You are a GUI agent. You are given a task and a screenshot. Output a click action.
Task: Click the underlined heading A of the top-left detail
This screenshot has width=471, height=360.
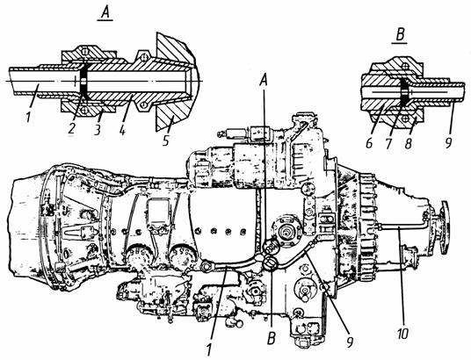[x=105, y=13]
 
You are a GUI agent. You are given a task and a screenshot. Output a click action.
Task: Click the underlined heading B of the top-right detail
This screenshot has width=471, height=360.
[x=400, y=35]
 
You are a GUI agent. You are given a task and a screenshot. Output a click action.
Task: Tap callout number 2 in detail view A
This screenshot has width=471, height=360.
[x=72, y=127]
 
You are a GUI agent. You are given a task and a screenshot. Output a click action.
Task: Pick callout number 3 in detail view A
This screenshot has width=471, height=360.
[x=97, y=128]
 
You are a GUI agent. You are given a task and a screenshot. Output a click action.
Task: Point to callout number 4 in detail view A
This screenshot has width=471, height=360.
[x=122, y=128]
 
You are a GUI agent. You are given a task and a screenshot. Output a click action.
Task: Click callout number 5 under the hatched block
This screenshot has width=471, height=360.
[x=166, y=139]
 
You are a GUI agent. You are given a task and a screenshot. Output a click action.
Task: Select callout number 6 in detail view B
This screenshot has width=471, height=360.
[x=369, y=142]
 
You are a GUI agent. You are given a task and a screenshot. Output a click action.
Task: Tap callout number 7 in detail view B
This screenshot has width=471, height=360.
[x=388, y=142]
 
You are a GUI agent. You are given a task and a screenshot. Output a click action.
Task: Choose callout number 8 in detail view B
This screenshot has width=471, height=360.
[x=408, y=142]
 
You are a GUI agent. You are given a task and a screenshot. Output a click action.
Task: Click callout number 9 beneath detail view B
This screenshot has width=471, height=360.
[x=448, y=141]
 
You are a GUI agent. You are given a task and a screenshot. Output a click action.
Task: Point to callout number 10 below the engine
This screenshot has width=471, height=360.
[x=402, y=332]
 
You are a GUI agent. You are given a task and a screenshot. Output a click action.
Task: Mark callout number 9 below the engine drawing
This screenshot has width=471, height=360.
[x=349, y=342]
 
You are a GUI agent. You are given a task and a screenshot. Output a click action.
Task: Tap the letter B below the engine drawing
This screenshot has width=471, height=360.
[x=271, y=338]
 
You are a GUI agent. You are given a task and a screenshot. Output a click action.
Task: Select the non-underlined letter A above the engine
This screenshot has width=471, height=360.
[x=264, y=80]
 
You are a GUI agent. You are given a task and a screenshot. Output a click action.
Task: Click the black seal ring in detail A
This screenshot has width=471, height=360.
[x=83, y=81]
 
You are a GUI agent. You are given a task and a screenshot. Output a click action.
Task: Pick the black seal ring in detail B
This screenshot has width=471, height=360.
[x=404, y=91]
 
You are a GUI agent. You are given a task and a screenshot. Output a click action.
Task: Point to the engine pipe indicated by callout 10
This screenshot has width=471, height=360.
[x=401, y=228]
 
